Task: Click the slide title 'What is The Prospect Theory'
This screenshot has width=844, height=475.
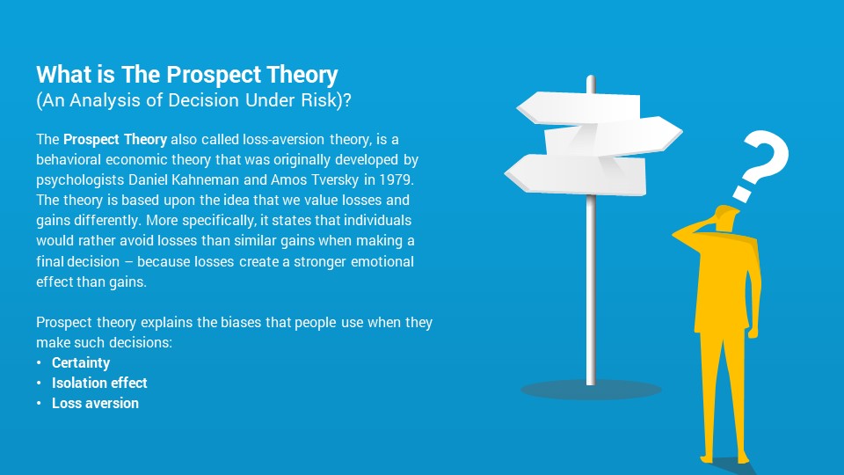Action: [x=186, y=75]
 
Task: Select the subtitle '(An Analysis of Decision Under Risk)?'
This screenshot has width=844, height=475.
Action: [x=193, y=100]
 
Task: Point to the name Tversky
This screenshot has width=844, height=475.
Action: [x=332, y=179]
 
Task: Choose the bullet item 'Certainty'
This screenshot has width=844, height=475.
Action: [x=81, y=363]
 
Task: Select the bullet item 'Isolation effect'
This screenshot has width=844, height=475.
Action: [x=99, y=383]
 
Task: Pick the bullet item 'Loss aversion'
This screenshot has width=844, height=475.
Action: [x=95, y=403]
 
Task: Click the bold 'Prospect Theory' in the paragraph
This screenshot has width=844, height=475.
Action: [x=115, y=140]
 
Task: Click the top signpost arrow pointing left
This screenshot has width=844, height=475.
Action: [x=578, y=108]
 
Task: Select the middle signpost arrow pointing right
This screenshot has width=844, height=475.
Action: [x=614, y=137]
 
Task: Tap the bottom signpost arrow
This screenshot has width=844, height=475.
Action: [x=575, y=174]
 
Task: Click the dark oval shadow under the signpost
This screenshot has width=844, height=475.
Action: [x=591, y=390]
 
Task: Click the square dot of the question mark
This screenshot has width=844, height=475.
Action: [x=742, y=194]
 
